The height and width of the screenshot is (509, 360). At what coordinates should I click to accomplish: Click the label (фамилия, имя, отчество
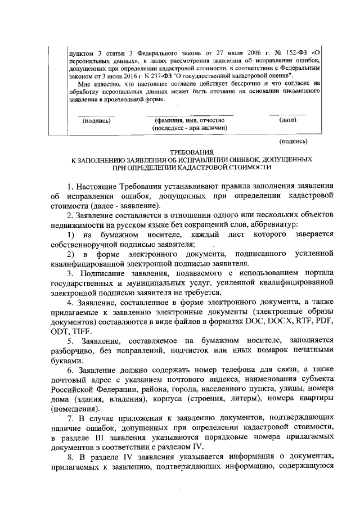pyautogui.click(x=189, y=120)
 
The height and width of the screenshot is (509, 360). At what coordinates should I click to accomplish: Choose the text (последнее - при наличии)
pyautogui.click(x=189, y=128)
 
